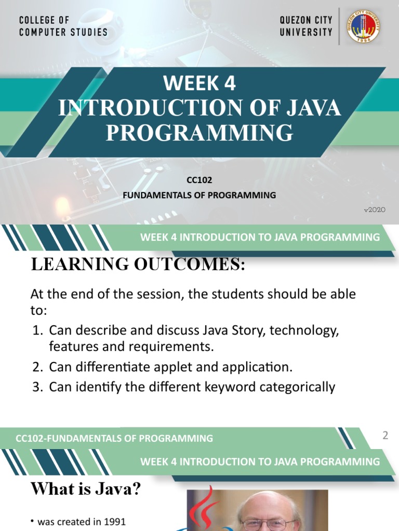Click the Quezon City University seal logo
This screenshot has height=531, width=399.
click(x=363, y=26)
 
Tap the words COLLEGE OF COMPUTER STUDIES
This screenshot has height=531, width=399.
click(x=63, y=26)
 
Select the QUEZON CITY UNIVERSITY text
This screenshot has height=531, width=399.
click(x=306, y=26)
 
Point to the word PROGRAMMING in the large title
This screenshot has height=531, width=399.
click(x=199, y=132)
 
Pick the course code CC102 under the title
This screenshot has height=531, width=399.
click(x=199, y=181)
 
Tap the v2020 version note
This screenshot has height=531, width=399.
click(x=374, y=210)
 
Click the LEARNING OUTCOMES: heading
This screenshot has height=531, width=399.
click(x=138, y=264)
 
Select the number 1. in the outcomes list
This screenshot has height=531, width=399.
click(x=37, y=330)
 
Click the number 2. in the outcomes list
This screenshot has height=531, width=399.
click(x=37, y=367)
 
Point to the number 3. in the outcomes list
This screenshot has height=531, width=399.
click(x=37, y=387)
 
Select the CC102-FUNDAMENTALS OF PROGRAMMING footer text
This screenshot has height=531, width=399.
click(x=114, y=438)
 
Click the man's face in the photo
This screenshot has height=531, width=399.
click(x=267, y=516)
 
